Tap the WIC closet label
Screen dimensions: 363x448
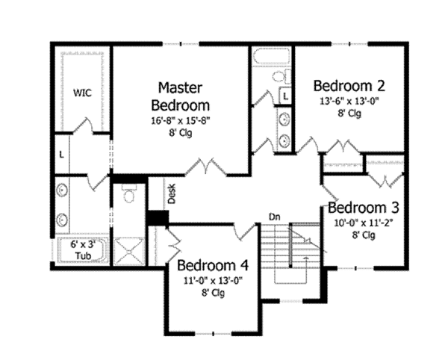pyautogui.click(x=82, y=93)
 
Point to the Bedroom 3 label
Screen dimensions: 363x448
pyautogui.click(x=364, y=207)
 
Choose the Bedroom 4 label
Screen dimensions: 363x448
pyautogui.click(x=213, y=267)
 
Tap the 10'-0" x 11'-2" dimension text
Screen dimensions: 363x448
pyautogui.click(x=364, y=222)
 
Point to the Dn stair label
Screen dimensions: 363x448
pyautogui.click(x=275, y=217)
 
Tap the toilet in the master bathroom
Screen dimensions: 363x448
pyautogui.click(x=128, y=195)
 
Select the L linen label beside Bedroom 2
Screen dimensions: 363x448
pyautogui.click(x=284, y=96)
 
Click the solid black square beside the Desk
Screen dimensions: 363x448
pyautogui.click(x=158, y=217)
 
